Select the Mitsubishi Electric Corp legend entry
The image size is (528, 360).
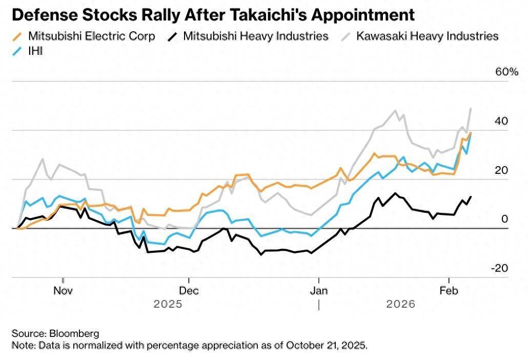point(91,36)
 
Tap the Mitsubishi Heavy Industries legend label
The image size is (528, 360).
point(255,36)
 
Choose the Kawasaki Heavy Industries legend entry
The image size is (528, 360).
point(427,36)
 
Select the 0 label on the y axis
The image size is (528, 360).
point(504,219)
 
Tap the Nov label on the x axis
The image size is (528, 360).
point(63,290)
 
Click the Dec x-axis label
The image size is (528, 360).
point(189,290)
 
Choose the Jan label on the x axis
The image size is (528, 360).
point(319,290)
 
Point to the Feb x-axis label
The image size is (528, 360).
point(449,290)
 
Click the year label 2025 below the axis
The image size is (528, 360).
point(168,304)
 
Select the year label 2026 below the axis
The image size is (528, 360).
point(400,304)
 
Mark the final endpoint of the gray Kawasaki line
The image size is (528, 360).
point(471,109)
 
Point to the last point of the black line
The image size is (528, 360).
point(471,197)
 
